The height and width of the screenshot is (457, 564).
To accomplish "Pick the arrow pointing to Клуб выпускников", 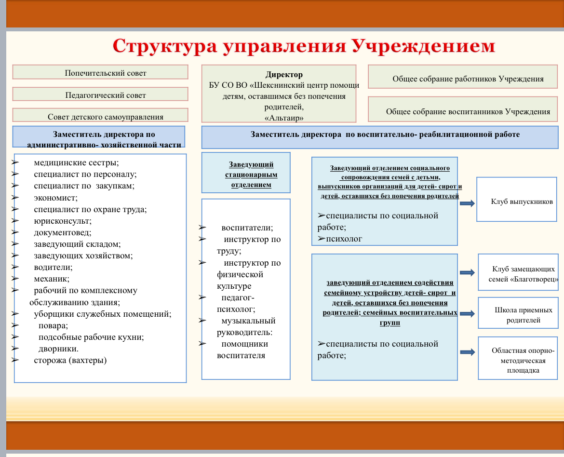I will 467,203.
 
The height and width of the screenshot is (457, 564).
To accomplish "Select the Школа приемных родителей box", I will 519,315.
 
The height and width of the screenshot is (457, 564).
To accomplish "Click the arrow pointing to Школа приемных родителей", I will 467,313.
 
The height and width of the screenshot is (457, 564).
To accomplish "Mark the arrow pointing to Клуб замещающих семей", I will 467,273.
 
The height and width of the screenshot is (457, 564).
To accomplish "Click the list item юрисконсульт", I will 62,221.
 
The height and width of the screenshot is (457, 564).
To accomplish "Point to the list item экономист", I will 55,198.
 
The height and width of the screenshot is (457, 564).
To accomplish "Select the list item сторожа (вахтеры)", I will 70,360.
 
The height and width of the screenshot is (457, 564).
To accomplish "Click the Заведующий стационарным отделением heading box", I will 246,172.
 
